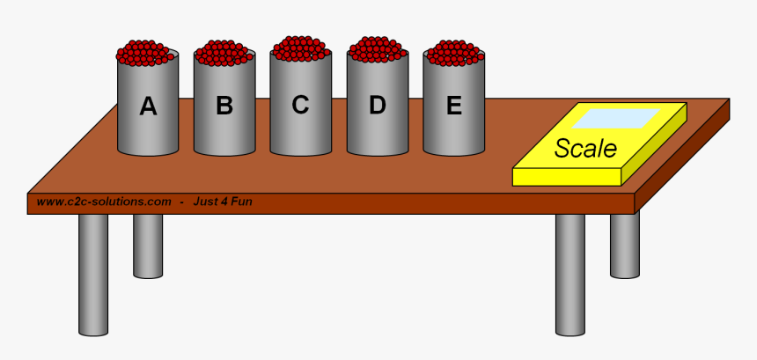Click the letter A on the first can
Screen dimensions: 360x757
[148, 107]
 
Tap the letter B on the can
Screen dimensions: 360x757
[224, 107]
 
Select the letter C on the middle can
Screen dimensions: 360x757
[300, 105]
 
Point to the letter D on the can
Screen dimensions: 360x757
[377, 106]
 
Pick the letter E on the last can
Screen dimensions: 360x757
[453, 106]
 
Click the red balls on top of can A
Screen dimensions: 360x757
[148, 53]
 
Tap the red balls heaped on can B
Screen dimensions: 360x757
[224, 53]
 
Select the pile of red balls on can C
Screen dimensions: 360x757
[301, 48]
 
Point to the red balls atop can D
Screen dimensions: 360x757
[378, 48]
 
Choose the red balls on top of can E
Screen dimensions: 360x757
[454, 53]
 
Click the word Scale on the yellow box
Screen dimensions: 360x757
[585, 148]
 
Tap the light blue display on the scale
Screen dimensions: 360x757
[621, 117]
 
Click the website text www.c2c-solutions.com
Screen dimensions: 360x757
[104, 202]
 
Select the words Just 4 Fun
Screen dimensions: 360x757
[223, 202]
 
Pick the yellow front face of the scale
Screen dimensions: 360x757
[567, 176]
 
